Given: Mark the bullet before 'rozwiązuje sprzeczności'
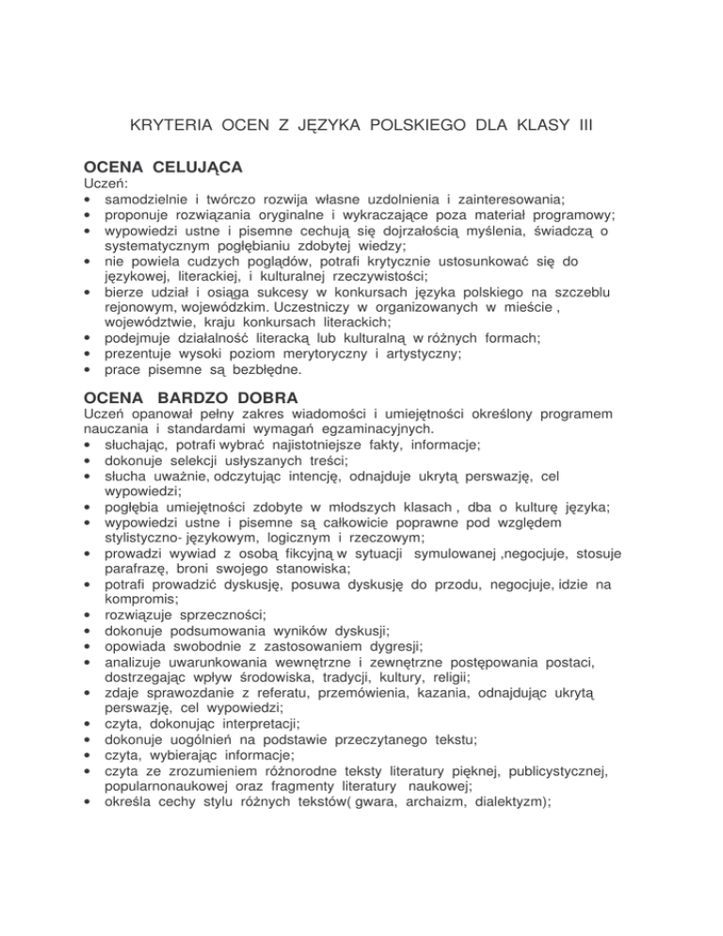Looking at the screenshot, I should (x=88, y=648).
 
